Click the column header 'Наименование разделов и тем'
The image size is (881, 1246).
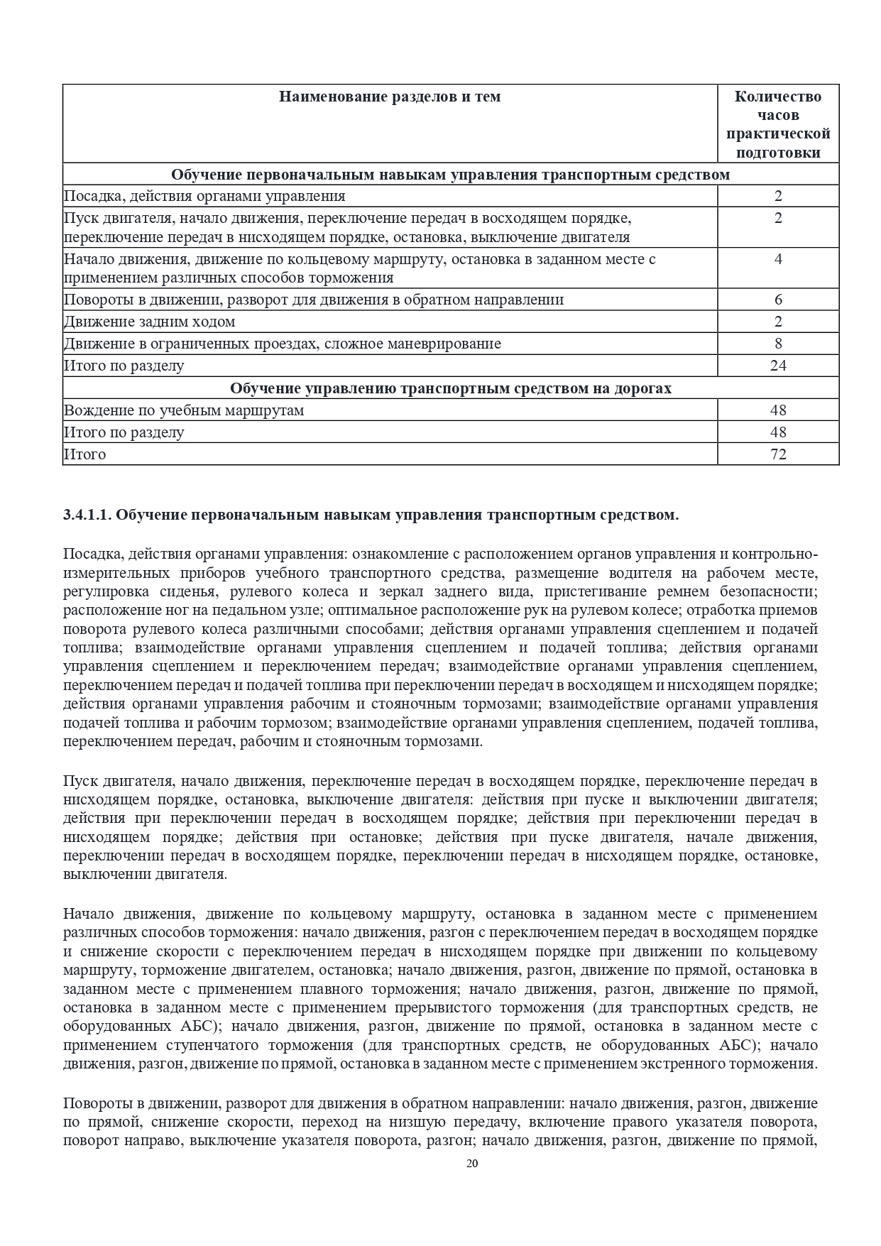tap(390, 97)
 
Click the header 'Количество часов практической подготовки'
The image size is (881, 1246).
tap(778, 124)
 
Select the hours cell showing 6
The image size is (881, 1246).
tap(778, 300)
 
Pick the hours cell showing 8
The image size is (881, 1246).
tap(778, 344)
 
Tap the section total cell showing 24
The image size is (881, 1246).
tap(778, 366)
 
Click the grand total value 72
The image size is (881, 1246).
tap(778, 454)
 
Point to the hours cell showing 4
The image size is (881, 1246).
tap(778, 259)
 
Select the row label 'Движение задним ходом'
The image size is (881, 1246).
tap(150, 322)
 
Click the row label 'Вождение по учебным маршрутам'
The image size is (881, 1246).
tap(184, 410)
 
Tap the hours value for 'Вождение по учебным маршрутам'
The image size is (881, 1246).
tap(778, 410)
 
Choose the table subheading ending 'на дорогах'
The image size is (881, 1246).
tap(451, 388)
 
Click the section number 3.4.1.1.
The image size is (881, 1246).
tap(87, 515)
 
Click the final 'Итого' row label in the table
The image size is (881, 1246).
tap(85, 454)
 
